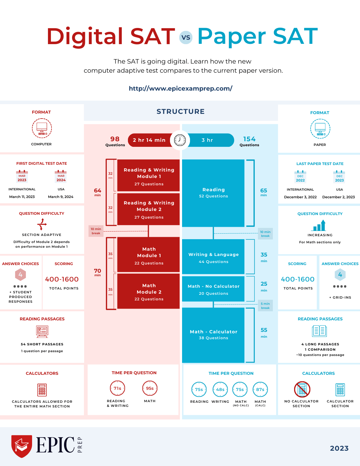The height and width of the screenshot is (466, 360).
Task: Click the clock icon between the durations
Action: pyautogui.click(x=180, y=140)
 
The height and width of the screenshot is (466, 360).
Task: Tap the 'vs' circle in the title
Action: pyautogui.click(x=186, y=37)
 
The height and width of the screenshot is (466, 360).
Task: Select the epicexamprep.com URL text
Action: pyautogui.click(x=181, y=88)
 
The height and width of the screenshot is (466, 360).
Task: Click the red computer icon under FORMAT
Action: pyautogui.click(x=42, y=128)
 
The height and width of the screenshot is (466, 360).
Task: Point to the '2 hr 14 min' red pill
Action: pyautogui.click(x=149, y=140)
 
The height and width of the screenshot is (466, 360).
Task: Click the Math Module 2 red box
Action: pyautogui.click(x=149, y=291)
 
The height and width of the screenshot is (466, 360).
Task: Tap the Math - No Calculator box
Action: pyautogui.click(x=213, y=289)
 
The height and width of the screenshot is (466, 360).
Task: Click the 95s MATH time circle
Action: pyautogui.click(x=150, y=388)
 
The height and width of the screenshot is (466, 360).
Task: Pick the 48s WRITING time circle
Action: pyautogui.click(x=220, y=390)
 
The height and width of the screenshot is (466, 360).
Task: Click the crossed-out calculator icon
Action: pyautogui.click(x=302, y=390)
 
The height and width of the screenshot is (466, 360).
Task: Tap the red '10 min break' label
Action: pyautogui.click(x=96, y=231)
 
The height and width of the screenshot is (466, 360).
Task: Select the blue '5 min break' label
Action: pyautogui.click(x=265, y=306)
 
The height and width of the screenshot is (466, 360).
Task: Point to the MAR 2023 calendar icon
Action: pyautogui.click(x=22, y=177)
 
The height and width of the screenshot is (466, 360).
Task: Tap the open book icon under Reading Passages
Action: pyautogui.click(x=319, y=331)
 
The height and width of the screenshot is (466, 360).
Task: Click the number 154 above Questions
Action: pyautogui.click(x=249, y=139)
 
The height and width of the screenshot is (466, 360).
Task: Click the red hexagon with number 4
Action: pyautogui.click(x=20, y=275)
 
